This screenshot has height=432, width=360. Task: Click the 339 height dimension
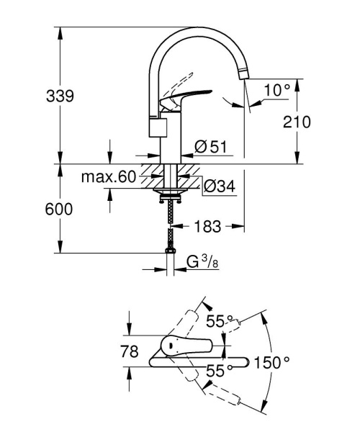tap(58, 96)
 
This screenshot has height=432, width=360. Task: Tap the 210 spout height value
tap(297, 122)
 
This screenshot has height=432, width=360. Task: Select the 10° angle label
tap(276, 91)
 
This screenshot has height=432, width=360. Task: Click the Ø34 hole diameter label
tap(219, 186)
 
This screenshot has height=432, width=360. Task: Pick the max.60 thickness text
tap(108, 177)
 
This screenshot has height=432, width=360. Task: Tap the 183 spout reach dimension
tap(209, 227)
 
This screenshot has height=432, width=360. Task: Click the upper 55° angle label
tap(220, 320)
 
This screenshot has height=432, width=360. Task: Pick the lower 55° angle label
tap(220, 372)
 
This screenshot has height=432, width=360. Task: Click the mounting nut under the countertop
tap(171, 194)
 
